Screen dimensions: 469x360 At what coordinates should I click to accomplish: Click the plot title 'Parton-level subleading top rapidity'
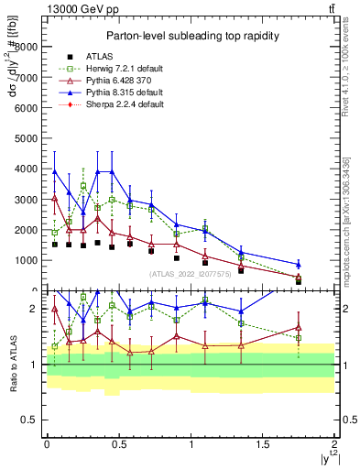pos(186,36)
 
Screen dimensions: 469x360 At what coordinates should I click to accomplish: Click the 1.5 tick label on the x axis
pos(263,444)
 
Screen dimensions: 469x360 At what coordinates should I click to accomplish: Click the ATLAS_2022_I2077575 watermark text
pos(189,275)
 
